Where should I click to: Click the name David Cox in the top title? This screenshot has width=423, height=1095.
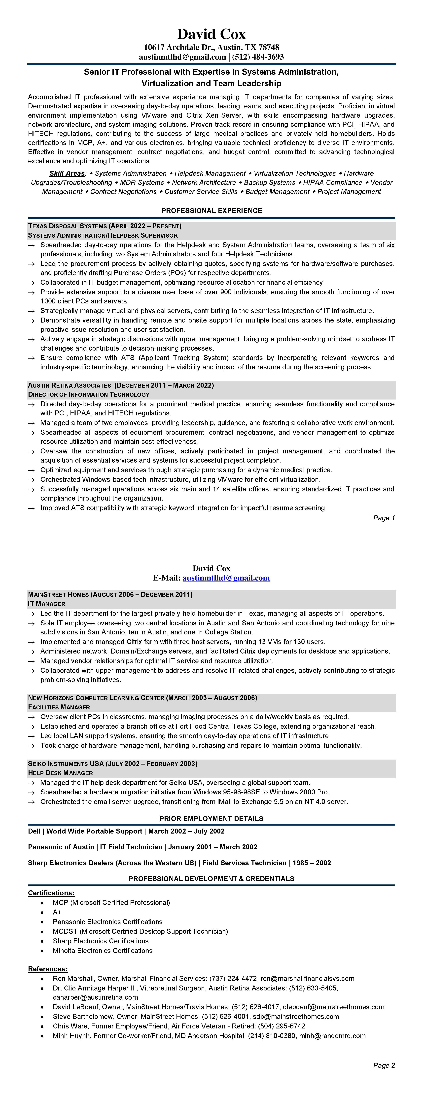[211, 34]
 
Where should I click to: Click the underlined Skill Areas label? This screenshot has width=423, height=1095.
[67, 173]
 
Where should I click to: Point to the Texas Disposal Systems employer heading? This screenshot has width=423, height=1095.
[105, 226]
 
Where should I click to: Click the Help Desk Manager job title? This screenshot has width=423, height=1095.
[60, 773]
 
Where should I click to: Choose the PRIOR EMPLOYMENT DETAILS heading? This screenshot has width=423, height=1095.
[211, 819]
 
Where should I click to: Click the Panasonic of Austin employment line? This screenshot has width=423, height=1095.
[142, 847]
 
